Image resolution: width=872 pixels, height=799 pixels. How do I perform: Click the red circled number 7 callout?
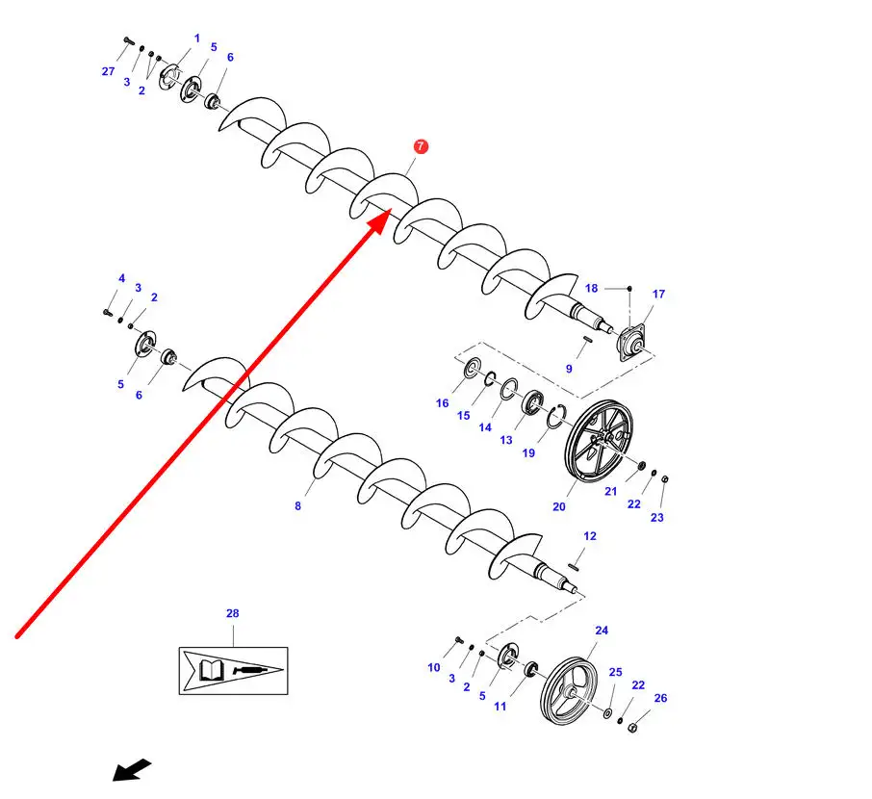tap(421, 147)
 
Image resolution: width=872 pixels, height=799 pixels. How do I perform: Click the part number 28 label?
tap(232, 613)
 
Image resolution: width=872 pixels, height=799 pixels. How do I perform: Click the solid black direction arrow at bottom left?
tap(132, 769)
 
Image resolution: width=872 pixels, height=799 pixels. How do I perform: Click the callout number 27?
tap(108, 71)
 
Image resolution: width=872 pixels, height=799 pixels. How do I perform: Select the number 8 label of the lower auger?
tap(297, 505)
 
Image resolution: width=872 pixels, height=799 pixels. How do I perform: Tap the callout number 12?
tap(590, 536)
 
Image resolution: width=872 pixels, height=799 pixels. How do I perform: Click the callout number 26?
tap(660, 698)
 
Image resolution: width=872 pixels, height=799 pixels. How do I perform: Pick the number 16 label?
tap(442, 403)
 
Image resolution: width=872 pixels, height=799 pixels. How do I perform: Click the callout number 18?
tap(591, 288)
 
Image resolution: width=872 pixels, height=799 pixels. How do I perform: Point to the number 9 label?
tap(569, 369)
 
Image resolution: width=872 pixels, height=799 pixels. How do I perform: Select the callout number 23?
tap(657, 517)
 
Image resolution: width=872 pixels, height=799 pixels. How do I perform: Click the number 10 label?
tap(434, 667)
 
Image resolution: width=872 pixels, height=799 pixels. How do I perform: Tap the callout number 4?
tap(122, 278)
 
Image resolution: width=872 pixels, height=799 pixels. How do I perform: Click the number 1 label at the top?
tap(197, 39)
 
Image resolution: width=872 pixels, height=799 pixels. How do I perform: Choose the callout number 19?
tap(528, 452)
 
